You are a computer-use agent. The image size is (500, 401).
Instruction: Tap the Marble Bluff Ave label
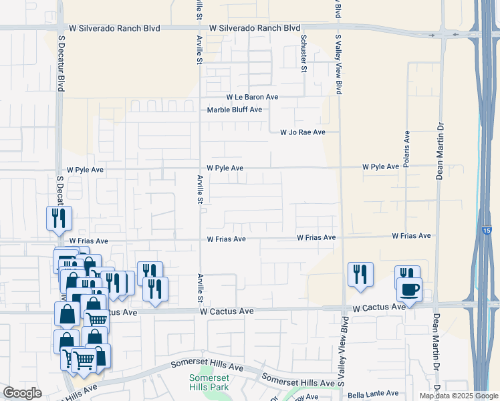tap(234, 110)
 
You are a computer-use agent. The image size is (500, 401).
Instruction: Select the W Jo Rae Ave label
tap(302, 132)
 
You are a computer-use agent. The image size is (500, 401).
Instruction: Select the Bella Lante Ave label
tap(373, 394)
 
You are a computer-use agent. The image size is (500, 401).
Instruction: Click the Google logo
tap(22, 393)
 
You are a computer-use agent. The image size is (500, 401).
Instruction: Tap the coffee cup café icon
tap(409, 290)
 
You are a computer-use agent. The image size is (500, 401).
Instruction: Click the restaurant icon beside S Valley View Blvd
tap(360, 274)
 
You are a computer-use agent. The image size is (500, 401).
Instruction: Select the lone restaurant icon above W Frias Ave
tap(58, 218)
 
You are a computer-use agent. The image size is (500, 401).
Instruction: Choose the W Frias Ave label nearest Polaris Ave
tap(411, 236)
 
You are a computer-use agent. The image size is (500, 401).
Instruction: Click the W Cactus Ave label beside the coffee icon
tap(379, 307)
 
